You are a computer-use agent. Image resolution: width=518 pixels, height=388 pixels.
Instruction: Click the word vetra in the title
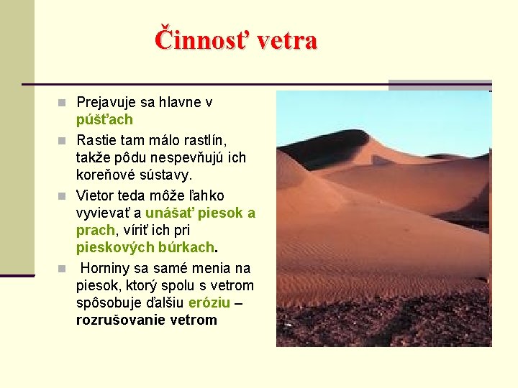[x=286, y=40]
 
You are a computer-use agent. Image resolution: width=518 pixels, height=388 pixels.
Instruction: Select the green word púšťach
[x=104, y=120]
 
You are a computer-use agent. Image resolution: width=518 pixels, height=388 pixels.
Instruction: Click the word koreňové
[x=104, y=175]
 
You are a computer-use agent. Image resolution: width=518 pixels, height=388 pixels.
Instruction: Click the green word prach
[x=95, y=231]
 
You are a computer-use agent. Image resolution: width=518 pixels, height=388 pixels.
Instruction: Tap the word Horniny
[x=105, y=268]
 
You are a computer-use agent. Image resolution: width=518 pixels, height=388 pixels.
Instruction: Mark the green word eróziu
[x=209, y=303]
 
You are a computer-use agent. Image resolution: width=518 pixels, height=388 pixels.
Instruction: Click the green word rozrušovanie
[x=121, y=320]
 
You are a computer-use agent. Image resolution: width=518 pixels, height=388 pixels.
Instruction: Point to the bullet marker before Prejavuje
[x=63, y=103]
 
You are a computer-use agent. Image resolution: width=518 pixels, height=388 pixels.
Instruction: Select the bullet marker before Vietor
[x=63, y=195]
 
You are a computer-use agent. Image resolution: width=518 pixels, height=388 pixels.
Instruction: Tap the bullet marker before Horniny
[x=63, y=269]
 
